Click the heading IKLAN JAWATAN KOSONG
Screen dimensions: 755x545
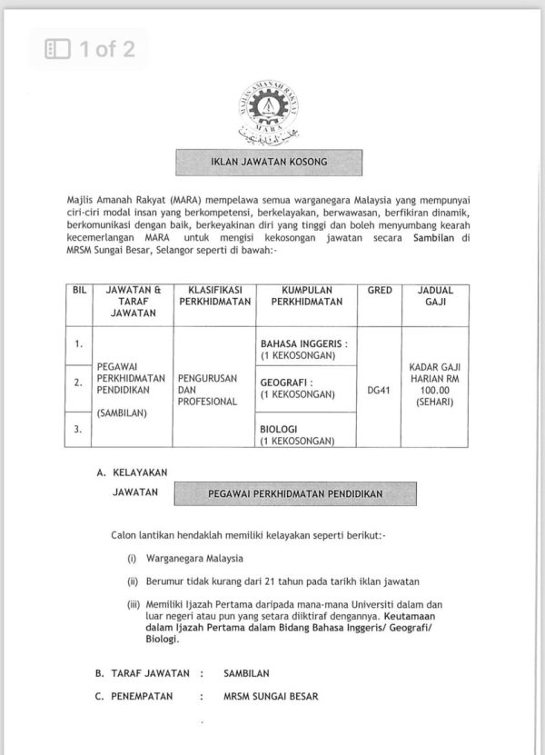tap(269, 163)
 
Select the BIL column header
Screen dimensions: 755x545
tap(79, 291)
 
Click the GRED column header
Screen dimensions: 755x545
tap(379, 291)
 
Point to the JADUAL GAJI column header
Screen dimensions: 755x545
tap(435, 297)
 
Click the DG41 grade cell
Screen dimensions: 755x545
tap(379, 392)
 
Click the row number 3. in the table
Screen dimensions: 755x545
tap(79, 430)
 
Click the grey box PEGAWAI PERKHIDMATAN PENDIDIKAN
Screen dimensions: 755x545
tap(295, 494)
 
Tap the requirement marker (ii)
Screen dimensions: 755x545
tap(133, 581)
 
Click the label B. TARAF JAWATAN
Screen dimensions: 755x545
tap(144, 673)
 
